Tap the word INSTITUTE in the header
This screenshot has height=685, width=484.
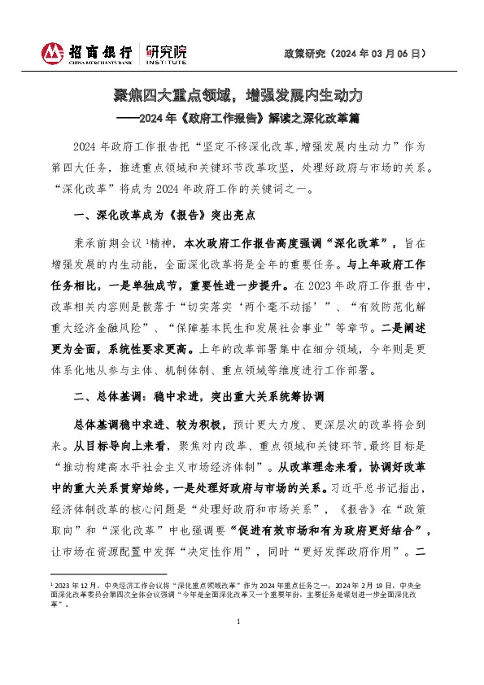click(x=166, y=61)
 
